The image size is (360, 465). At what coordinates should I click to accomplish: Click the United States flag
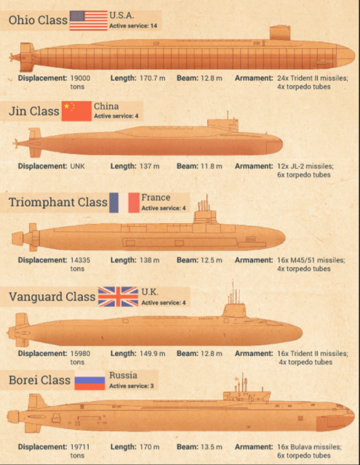pos(89,20)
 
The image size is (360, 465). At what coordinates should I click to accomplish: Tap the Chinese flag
pos(76,111)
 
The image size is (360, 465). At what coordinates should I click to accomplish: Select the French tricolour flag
pos(124,203)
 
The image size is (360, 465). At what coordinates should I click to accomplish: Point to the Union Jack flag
pos(118,296)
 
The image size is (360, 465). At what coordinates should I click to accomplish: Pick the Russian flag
pos(89,380)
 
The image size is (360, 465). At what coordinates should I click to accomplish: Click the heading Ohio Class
pos(38,20)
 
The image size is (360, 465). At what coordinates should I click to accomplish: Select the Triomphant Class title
pos(58,202)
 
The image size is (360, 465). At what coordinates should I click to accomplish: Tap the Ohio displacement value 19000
pos(80,78)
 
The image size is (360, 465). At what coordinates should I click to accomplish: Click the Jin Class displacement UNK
pos(77,166)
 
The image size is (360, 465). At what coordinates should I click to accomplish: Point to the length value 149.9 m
pos(152,354)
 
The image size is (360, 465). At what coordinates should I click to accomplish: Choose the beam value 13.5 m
pos(212,447)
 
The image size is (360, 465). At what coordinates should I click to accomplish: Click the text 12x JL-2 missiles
pos(305,166)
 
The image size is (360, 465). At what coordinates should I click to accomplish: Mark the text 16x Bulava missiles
pos(309,447)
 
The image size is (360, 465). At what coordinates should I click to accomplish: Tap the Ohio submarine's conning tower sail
pos(280,33)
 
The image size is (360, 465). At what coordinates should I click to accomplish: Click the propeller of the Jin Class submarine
pos(15,144)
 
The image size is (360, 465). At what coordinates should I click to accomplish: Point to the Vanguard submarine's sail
pos(235,310)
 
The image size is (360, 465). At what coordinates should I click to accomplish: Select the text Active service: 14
pos(133,26)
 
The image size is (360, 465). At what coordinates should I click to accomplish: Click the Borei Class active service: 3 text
pos(132,386)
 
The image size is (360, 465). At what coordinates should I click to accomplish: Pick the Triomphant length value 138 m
pos(149,260)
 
